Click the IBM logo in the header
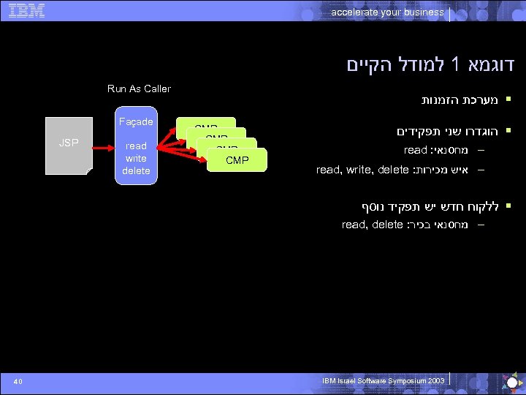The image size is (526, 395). pyautogui.click(x=27, y=10)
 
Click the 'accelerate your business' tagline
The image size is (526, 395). pyautogui.click(x=387, y=12)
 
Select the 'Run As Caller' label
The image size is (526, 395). pyautogui.click(x=139, y=89)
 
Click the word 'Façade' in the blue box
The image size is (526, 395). pyautogui.click(x=136, y=121)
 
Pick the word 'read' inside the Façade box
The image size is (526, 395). pyautogui.click(x=136, y=146)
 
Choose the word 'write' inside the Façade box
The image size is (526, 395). pyautogui.click(x=136, y=158)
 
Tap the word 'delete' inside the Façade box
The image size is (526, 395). pyautogui.click(x=136, y=170)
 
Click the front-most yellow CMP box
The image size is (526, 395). pyautogui.click(x=237, y=159)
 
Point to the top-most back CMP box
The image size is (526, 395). pyautogui.click(x=206, y=123)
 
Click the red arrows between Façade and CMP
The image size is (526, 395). pyautogui.click(x=167, y=143)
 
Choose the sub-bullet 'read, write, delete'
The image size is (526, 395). pyautogui.click(x=395, y=170)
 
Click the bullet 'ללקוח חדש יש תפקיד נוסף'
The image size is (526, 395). pyautogui.click(x=431, y=206)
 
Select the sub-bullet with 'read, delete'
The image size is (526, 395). pyautogui.click(x=408, y=225)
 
